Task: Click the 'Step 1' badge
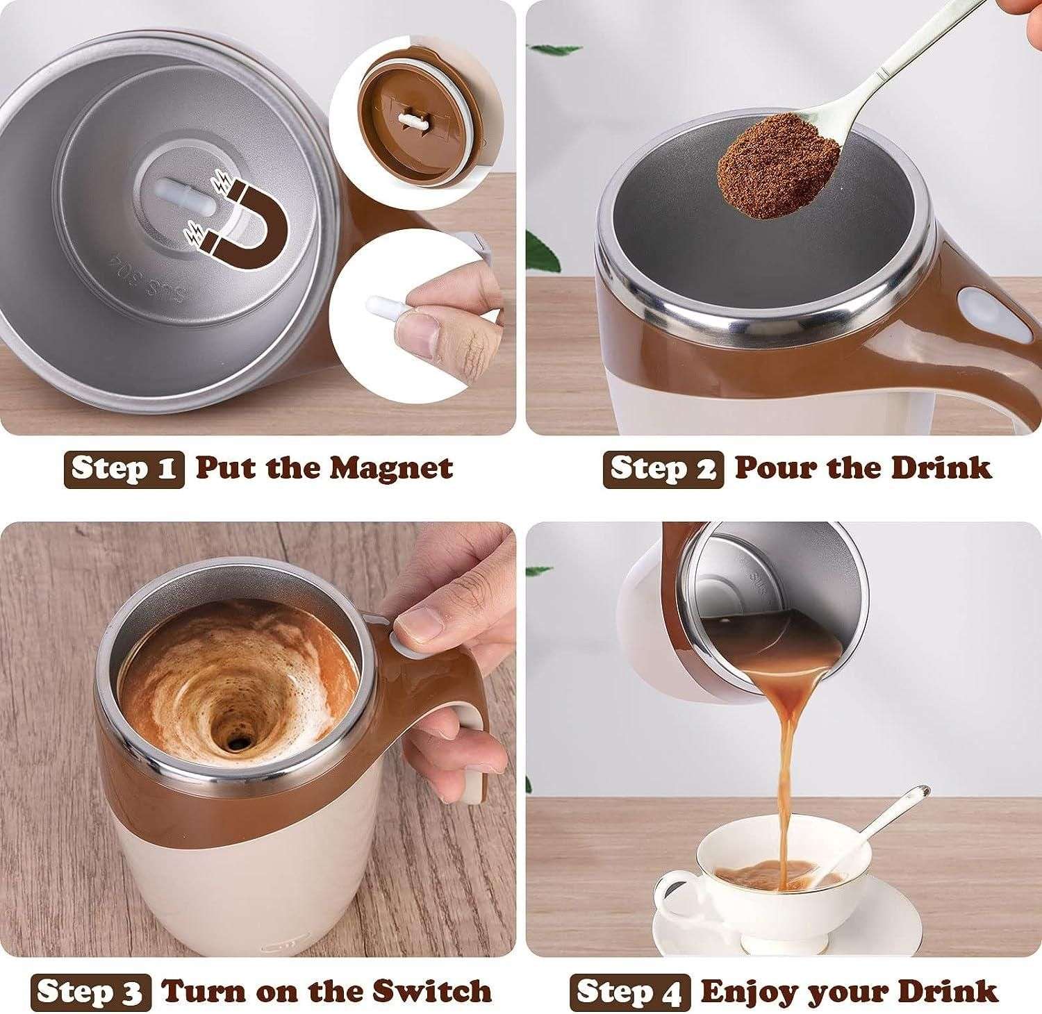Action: [x=124, y=469]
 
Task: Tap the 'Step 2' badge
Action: [x=663, y=469]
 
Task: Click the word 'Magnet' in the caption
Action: [x=391, y=467]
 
